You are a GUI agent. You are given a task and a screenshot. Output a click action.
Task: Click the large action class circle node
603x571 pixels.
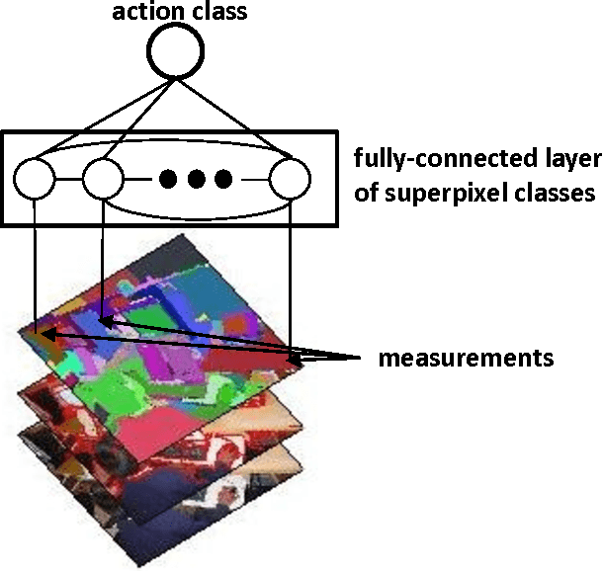(175, 48)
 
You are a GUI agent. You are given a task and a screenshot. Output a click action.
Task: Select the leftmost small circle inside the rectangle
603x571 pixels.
(35, 179)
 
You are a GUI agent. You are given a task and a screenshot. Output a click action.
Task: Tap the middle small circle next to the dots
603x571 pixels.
(102, 179)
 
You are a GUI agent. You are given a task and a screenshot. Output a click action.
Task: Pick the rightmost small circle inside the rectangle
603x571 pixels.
(290, 179)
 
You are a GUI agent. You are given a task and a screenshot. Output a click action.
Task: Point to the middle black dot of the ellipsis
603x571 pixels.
(196, 179)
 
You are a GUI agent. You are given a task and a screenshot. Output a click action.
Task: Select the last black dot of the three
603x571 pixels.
(223, 179)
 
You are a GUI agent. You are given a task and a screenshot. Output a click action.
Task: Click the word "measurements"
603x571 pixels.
(465, 357)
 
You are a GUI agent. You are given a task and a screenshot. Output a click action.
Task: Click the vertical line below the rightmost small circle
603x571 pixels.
(290, 277)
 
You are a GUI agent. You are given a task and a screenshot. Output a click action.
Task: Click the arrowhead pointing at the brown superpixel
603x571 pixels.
(47, 338)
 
